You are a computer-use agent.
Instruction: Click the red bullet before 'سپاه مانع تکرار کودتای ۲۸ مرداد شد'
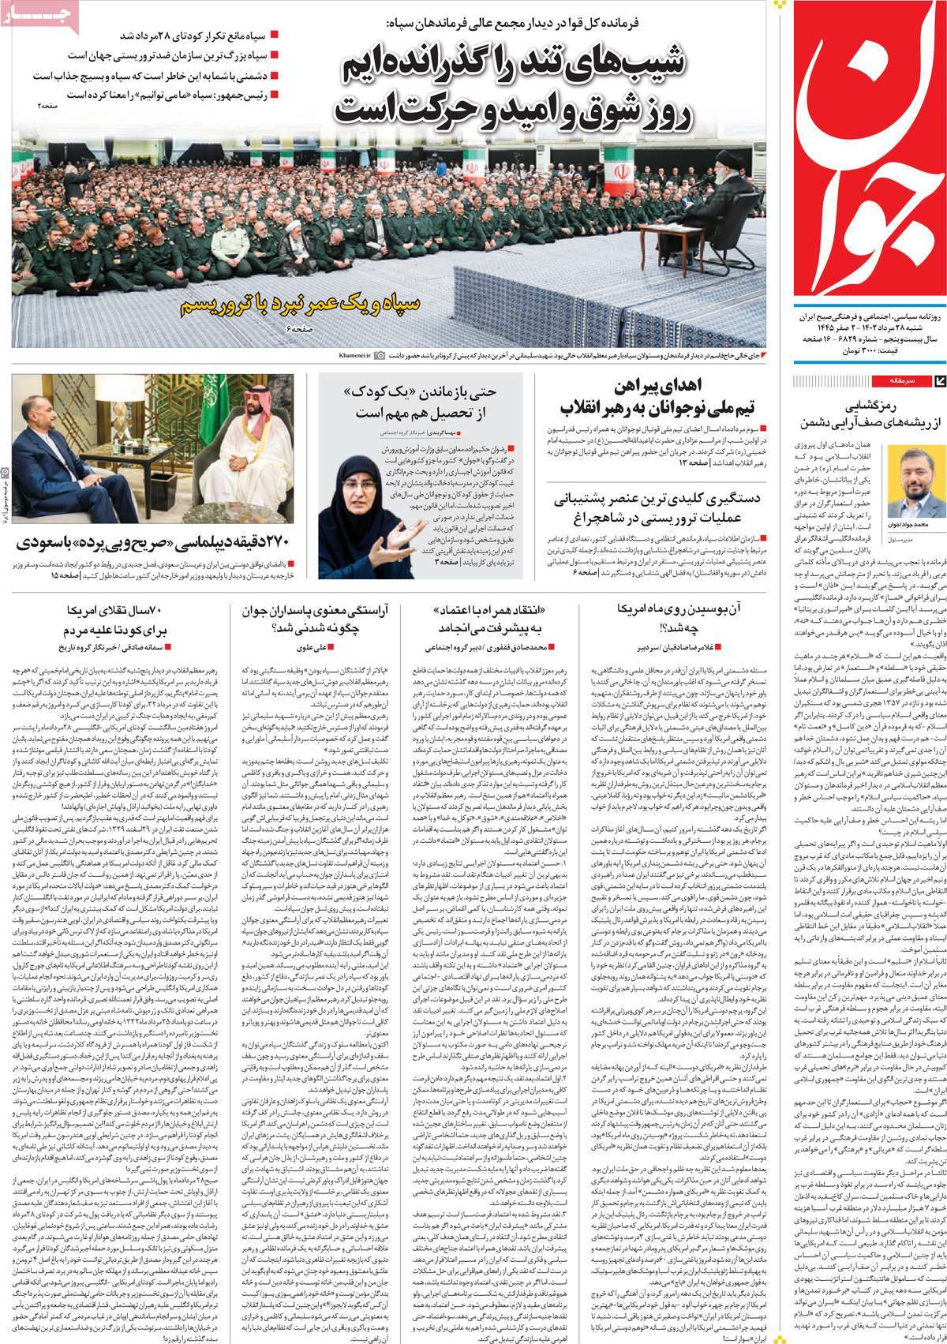(273, 36)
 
